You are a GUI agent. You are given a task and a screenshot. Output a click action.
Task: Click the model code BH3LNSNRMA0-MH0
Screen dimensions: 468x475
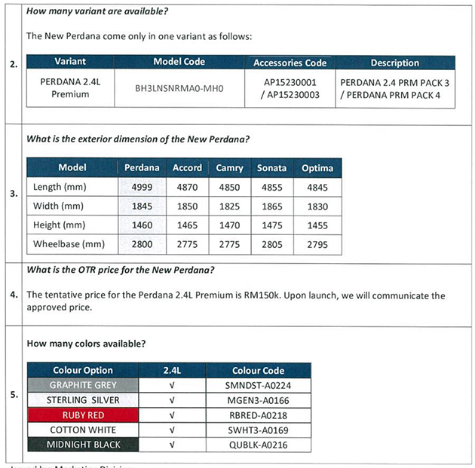coord(179,87)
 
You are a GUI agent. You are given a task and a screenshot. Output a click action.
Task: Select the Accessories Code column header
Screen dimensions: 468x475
coord(290,63)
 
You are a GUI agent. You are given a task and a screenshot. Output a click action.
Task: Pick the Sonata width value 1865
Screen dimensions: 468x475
coord(271,206)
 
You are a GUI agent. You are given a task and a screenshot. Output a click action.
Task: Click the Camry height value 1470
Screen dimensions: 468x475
coord(229,225)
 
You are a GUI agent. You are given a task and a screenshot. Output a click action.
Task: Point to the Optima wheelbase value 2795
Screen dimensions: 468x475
coord(317,243)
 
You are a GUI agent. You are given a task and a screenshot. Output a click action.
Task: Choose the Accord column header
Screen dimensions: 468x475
coord(187,167)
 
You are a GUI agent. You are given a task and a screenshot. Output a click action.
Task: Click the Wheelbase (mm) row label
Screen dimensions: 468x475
coord(69,243)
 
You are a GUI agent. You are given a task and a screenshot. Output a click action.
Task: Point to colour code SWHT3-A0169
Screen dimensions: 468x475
coord(258,430)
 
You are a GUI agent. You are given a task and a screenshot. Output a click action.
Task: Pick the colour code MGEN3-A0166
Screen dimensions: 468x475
coord(258,399)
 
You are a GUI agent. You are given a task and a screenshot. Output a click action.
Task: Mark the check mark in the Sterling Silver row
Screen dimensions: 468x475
coord(172,399)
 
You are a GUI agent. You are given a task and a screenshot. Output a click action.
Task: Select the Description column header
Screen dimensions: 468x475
coord(394,63)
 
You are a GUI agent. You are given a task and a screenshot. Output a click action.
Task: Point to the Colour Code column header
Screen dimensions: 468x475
coord(258,370)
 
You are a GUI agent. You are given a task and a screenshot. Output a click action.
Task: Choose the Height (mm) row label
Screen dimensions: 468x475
coord(60,225)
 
